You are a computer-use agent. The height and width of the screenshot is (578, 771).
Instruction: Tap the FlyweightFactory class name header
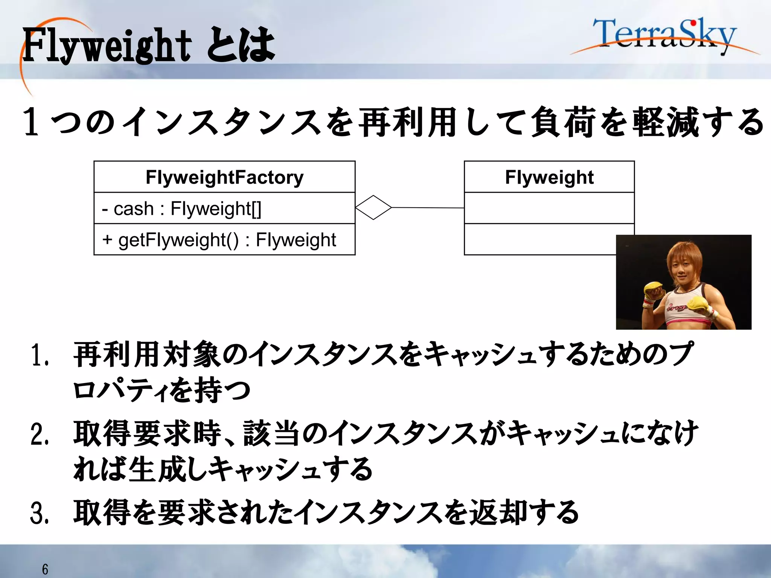[x=224, y=177]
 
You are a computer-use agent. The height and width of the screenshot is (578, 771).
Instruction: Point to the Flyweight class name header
[x=549, y=177]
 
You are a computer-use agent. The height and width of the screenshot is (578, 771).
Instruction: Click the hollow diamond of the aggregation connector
[x=373, y=207]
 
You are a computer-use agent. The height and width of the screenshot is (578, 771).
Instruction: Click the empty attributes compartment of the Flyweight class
[x=549, y=208]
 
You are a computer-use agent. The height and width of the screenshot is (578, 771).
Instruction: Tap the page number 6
[x=45, y=569]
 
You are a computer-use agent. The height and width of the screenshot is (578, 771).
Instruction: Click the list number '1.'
[x=40, y=355]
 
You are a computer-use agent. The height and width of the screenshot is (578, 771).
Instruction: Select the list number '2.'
[x=40, y=434]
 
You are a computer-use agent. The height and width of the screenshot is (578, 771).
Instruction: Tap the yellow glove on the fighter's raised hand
[x=654, y=290]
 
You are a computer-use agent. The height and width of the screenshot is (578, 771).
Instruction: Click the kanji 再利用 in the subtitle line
[x=408, y=122]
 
